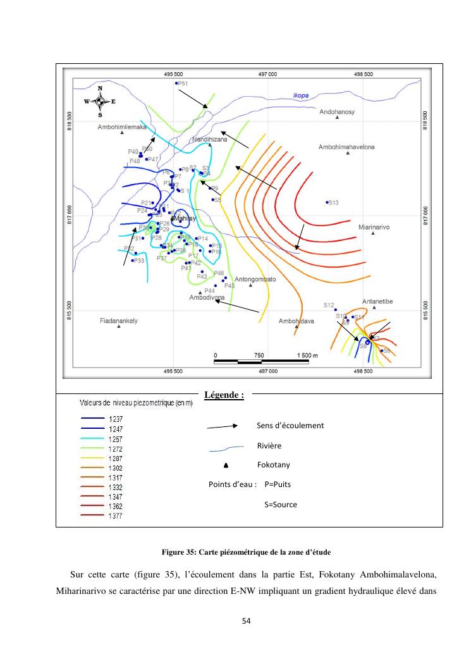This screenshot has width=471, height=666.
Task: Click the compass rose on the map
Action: tap(100, 101)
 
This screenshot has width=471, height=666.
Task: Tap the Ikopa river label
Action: tap(301, 96)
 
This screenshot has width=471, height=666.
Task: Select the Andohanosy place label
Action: tap(337, 112)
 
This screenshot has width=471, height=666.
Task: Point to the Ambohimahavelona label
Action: tap(346, 147)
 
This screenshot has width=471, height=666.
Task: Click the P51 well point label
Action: tap(183, 83)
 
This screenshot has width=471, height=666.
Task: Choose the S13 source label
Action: tap(333, 202)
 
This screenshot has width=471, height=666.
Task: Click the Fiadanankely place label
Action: tap(119, 321)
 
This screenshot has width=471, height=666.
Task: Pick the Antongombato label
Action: tap(255, 279)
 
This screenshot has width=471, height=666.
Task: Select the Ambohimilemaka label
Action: tap(122, 126)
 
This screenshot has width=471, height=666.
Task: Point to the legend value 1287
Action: tap(116, 457)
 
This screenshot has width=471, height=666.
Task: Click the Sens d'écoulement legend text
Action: tap(290, 425)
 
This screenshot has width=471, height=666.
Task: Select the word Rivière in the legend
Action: tap(269, 445)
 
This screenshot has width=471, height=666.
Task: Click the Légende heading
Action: tap(224, 395)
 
